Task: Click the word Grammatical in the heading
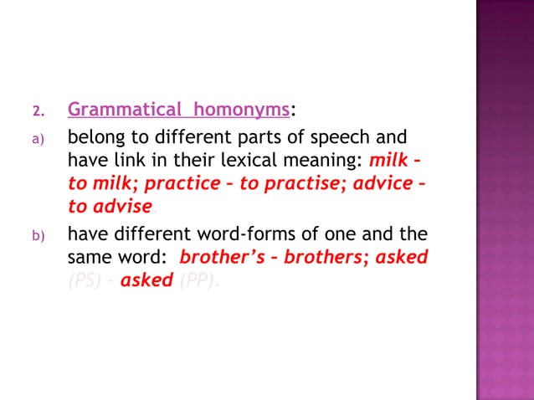[x=121, y=110]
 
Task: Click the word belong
[x=95, y=137]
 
